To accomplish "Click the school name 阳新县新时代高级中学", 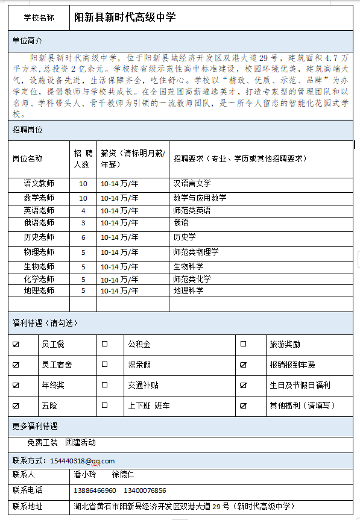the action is click(x=125, y=17).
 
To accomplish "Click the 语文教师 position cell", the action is click(x=39, y=184).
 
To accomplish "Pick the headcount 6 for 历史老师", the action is click(x=83, y=237).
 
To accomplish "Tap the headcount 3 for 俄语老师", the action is click(x=83, y=223).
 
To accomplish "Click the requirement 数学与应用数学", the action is click(x=200, y=198).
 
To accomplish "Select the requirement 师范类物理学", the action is click(x=195, y=252).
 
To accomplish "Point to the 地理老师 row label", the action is click(x=39, y=290).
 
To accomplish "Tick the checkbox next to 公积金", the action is click(x=104, y=344).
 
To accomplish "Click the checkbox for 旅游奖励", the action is click(x=244, y=344).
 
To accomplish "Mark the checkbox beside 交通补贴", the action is click(x=104, y=385).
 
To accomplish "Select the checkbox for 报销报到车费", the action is click(x=244, y=365).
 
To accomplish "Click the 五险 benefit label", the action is click(x=49, y=406).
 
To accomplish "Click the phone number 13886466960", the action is click(x=95, y=490).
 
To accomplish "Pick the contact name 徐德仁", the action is click(x=123, y=474).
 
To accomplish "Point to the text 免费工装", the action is click(x=42, y=442).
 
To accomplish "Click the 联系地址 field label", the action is click(x=27, y=506).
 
